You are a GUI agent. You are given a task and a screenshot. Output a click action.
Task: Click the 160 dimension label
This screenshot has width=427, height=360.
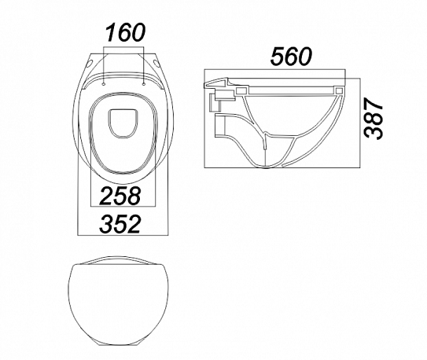click(126, 33)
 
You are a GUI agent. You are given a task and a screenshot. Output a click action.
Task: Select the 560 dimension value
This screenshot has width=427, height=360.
click(291, 57)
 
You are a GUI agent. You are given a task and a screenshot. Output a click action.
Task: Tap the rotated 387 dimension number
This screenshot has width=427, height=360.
click(374, 119)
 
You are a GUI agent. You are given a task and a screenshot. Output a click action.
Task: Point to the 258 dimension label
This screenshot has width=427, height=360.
click(120, 196)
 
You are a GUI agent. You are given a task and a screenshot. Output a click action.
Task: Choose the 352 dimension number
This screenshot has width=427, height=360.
click(120, 224)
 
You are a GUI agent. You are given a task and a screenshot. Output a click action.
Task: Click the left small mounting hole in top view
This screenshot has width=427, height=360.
click(104, 85)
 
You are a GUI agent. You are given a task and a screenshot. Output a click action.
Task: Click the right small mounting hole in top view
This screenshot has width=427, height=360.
click(144, 85)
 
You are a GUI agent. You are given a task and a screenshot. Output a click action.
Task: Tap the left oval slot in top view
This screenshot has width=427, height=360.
click(90, 64)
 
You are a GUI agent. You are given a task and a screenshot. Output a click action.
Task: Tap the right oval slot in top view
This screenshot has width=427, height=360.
click(156, 64)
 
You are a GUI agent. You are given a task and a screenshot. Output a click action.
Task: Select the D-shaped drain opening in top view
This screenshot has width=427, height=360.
click(123, 123)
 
